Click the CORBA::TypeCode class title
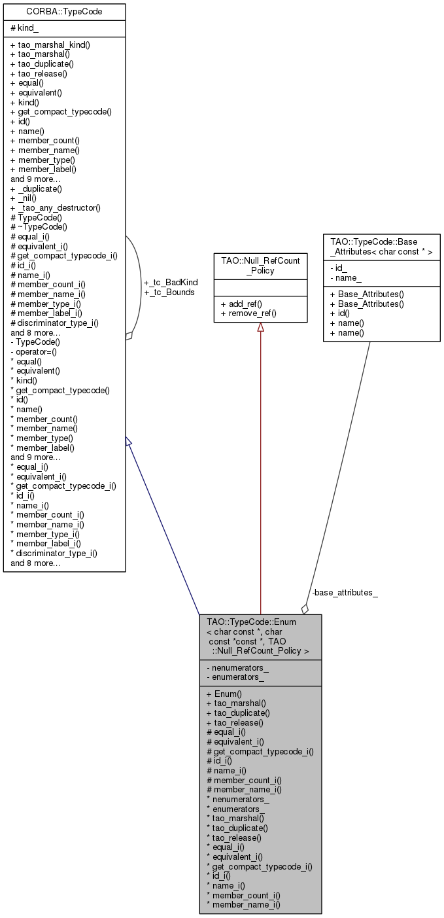tap(64, 12)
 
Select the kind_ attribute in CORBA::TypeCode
tap(24, 28)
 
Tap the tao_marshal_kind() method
tap(50, 45)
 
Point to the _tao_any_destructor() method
tap(56, 208)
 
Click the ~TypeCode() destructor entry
tap(39, 226)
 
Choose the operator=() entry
tap(33, 351)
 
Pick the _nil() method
tap(24, 198)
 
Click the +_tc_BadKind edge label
tap(171, 283)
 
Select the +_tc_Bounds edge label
tap(169, 292)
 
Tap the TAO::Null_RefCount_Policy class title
tap(260, 266)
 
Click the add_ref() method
tap(241, 304)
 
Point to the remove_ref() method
tap(248, 313)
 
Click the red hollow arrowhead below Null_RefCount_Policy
tap(260, 327)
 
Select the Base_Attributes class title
tap(381, 247)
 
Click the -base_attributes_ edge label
tap(345, 593)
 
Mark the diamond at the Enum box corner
tap(305, 609)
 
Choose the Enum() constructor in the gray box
tap(224, 694)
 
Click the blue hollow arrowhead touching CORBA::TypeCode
tap(128, 442)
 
